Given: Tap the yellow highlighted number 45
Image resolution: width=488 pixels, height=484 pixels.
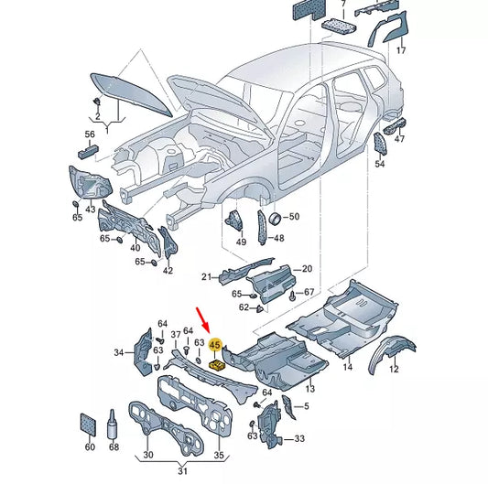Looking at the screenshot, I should tap(216, 346).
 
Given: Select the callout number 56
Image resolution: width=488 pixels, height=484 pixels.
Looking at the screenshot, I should tap(90, 134).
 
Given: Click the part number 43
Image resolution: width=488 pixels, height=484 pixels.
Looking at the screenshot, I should tap(91, 210).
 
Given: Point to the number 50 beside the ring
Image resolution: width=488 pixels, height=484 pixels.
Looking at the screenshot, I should tap(294, 217).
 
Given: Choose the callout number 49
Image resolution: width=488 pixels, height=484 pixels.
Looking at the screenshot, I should tap(241, 242).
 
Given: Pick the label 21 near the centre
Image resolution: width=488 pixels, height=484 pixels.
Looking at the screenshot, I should tap(207, 276).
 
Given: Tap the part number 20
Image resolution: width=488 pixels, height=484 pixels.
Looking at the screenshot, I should tap(307, 269).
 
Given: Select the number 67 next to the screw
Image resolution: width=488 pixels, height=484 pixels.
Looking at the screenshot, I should tap(309, 293).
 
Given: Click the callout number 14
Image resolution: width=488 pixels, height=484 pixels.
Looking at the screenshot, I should tap(347, 367).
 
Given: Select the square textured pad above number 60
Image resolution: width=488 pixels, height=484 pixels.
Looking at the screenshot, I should tap(89, 424).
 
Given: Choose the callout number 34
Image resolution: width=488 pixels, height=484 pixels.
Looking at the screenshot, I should tap(118, 352).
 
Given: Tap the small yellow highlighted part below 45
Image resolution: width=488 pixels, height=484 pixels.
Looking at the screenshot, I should tap(218, 365).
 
